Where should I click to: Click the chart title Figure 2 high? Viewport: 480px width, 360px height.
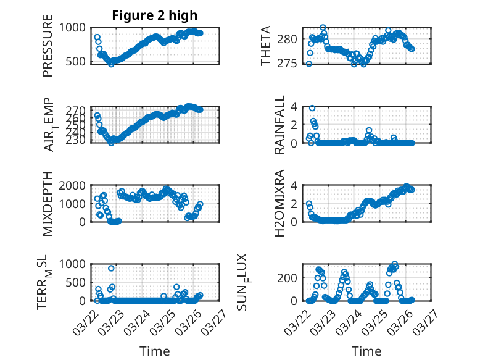pos(155,15)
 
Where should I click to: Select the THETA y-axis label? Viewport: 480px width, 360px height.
pos(266,46)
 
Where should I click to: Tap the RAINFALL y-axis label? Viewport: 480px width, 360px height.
pos(279,125)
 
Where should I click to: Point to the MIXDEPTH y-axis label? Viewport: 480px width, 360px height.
pos(48,203)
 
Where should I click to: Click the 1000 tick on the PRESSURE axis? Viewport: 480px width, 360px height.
pos(75,28)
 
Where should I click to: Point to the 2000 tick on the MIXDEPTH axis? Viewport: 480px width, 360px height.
pos(75,185)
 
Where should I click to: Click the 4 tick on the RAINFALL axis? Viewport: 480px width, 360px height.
pos(296,106)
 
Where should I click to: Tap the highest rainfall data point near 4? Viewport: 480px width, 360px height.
pos(312,108)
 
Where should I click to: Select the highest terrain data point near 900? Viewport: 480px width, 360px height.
pos(111,268)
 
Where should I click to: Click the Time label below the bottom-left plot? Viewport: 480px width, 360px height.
pos(154,351)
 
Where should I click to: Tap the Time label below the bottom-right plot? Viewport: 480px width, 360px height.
pos(366,351)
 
